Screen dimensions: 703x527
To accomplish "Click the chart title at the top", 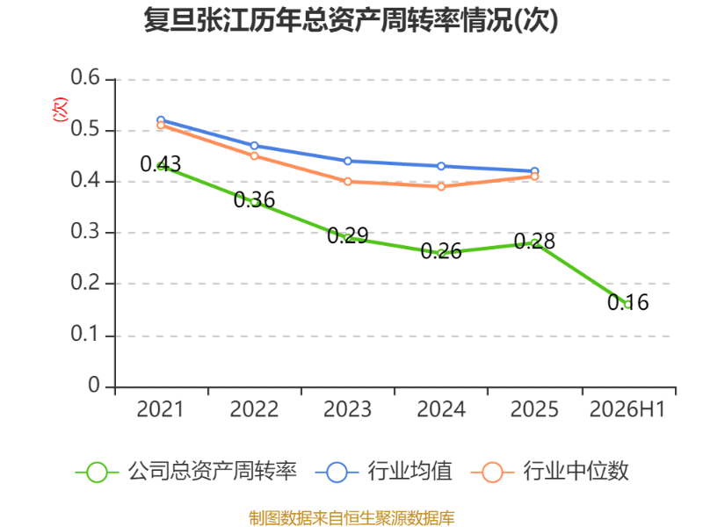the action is pos(351,20).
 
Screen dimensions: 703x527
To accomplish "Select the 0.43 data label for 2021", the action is pos(161,164).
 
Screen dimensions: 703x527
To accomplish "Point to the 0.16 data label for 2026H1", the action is pos(627,302).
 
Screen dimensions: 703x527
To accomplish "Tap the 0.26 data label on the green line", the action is pos(441,251).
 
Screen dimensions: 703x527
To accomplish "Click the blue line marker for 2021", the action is pos(161,120).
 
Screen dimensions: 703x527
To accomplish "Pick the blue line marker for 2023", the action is pos(347,161).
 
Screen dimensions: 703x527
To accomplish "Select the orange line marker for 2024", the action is pos(441,186).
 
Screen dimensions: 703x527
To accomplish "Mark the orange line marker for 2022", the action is pos(254,156).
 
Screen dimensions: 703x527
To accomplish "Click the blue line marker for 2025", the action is pos(534,171).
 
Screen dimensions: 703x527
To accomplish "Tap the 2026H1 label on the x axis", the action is pos(627,409).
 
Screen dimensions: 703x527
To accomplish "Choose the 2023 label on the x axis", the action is pos(347,409).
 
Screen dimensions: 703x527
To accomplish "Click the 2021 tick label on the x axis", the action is pos(160,409).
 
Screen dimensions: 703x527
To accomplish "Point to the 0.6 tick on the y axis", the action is pos(85,77).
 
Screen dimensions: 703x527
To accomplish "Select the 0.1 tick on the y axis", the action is pos(85,334).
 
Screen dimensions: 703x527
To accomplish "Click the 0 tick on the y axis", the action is pos(94,385).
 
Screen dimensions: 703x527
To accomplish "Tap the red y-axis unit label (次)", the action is pos(60,109).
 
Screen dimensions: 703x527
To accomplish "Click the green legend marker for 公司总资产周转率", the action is pos(97,473).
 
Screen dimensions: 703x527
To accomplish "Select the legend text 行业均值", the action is pos(410,471).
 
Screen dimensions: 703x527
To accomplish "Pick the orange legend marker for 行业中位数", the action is pos(492,473).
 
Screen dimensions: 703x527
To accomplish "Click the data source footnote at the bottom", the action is pos(351,517).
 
